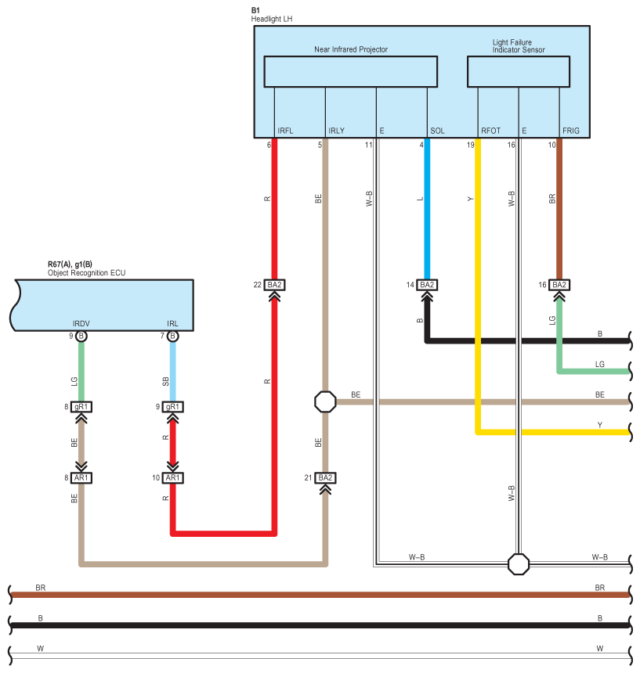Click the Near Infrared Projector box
pyautogui.click(x=350, y=71)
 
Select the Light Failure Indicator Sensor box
pyautogui.click(x=519, y=71)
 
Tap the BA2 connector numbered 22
pyautogui.click(x=274, y=285)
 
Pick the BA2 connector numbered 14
pyautogui.click(x=427, y=285)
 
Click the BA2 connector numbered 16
pyautogui.click(x=559, y=285)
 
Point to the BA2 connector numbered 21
pyautogui.click(x=325, y=477)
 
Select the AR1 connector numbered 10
pyautogui.click(x=172, y=477)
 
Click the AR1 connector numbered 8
pyautogui.click(x=81, y=477)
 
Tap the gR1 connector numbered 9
pyautogui.click(x=172, y=407)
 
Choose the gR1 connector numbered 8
pyautogui.click(x=81, y=407)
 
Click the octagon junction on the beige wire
pyautogui.click(x=325, y=401)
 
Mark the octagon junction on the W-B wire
pyautogui.click(x=519, y=564)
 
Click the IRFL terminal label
pyautogui.click(x=285, y=131)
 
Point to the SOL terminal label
pyautogui.click(x=437, y=131)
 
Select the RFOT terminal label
pyautogui.click(x=490, y=131)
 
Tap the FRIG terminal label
pyautogui.click(x=571, y=131)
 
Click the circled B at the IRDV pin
pyautogui.click(x=81, y=336)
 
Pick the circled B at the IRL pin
pyautogui.click(x=172, y=336)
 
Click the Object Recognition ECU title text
pyautogui.click(x=86, y=273)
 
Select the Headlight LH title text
pyautogui.click(x=272, y=19)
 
